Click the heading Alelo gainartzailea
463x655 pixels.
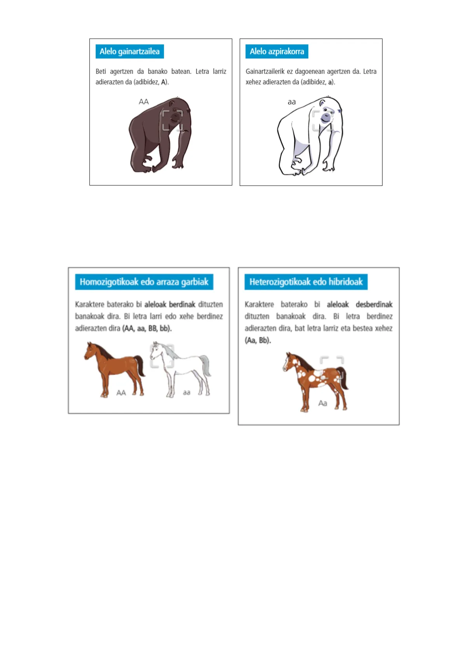click(129, 51)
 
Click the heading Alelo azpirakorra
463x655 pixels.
click(277, 51)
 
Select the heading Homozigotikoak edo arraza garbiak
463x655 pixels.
click(144, 282)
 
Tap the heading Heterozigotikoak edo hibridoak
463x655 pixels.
click(306, 282)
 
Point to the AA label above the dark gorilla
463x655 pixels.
click(143, 102)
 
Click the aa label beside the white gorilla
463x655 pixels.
click(292, 102)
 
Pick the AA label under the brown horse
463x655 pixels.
click(121, 392)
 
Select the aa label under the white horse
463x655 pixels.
click(187, 392)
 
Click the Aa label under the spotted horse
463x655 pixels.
click(322, 403)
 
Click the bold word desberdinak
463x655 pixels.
click(374, 305)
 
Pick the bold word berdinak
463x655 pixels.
click(182, 305)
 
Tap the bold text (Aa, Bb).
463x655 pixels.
click(258, 340)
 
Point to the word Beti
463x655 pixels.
click(101, 71)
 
